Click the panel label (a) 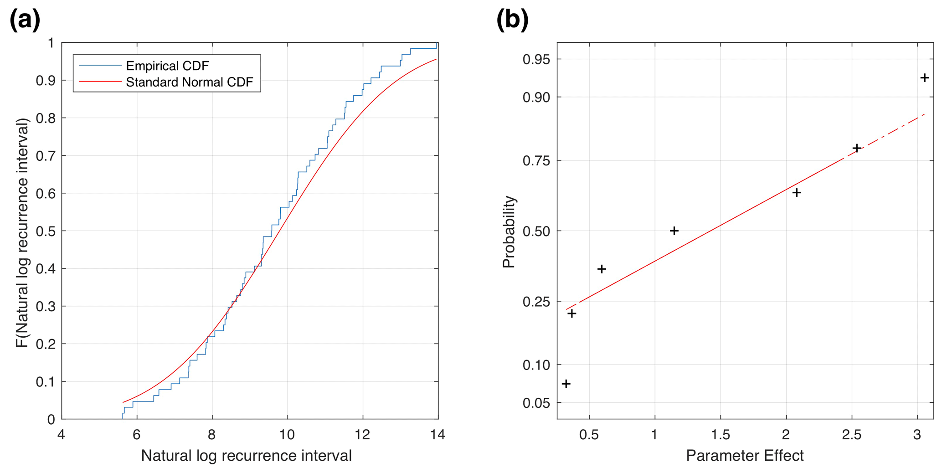25,20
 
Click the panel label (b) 512,20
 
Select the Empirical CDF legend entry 167,66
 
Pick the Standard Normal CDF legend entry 189,82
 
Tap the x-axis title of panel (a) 246,456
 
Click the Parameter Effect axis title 745,456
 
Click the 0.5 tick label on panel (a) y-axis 45,231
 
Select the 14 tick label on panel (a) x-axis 437,435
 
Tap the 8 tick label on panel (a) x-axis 212,435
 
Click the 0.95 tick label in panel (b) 536,59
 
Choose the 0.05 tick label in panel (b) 536,403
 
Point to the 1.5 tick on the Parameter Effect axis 720,435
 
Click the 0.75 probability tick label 536,161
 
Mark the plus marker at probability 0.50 674,231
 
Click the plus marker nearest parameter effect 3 924,78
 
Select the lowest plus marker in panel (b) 566,384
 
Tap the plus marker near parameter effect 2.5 857,148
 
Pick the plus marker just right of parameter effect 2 797,193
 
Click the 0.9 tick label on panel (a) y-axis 45,81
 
